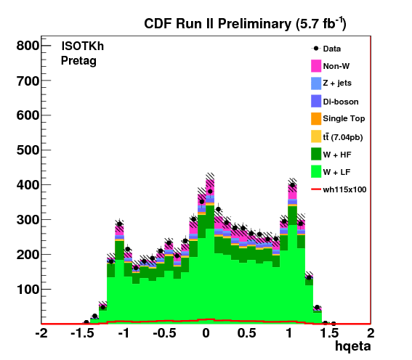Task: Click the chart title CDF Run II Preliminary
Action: coord(218,24)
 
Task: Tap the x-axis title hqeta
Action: coord(353,346)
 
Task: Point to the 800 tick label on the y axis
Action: coord(28,46)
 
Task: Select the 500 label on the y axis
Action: coord(28,150)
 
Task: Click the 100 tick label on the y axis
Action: coord(28,289)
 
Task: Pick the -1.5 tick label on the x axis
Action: coord(83,333)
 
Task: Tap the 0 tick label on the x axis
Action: coord(206,333)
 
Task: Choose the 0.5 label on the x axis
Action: coord(247,333)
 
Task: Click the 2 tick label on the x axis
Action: coord(371,333)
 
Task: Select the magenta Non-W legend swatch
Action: coord(316,66)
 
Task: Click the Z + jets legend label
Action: coord(337,83)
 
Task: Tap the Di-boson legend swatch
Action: coord(316,101)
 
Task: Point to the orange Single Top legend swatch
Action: coord(316,118)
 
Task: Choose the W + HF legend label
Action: coord(337,155)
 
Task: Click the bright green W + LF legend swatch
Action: coord(316,171)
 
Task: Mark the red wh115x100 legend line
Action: coord(316,189)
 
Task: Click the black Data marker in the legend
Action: coord(316,49)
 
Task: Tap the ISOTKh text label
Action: coord(83,46)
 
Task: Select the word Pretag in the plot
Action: coord(78,61)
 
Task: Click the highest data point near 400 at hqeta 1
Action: coord(292,185)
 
